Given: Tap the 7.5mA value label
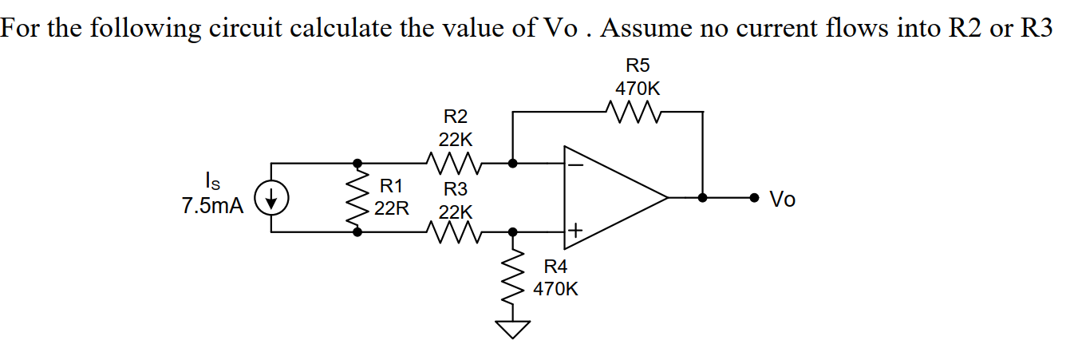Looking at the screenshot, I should pyautogui.click(x=211, y=206).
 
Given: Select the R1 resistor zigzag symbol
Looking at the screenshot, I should pyautogui.click(x=357, y=197).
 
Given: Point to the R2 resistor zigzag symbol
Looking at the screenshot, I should pyautogui.click(x=452, y=163).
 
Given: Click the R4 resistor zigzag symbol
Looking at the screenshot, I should pyautogui.click(x=513, y=275).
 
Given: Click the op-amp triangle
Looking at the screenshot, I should pyautogui.click(x=610, y=196).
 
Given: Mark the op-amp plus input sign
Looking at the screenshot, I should pyautogui.click(x=575, y=231).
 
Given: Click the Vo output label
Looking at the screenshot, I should pyautogui.click(x=783, y=200).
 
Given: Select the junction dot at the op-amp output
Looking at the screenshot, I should pyautogui.click(x=702, y=197).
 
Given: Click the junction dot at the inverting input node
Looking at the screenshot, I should pyautogui.click(x=513, y=163).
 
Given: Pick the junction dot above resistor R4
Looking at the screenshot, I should pyautogui.click(x=513, y=231).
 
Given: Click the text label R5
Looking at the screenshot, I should pyautogui.click(x=633, y=65).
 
